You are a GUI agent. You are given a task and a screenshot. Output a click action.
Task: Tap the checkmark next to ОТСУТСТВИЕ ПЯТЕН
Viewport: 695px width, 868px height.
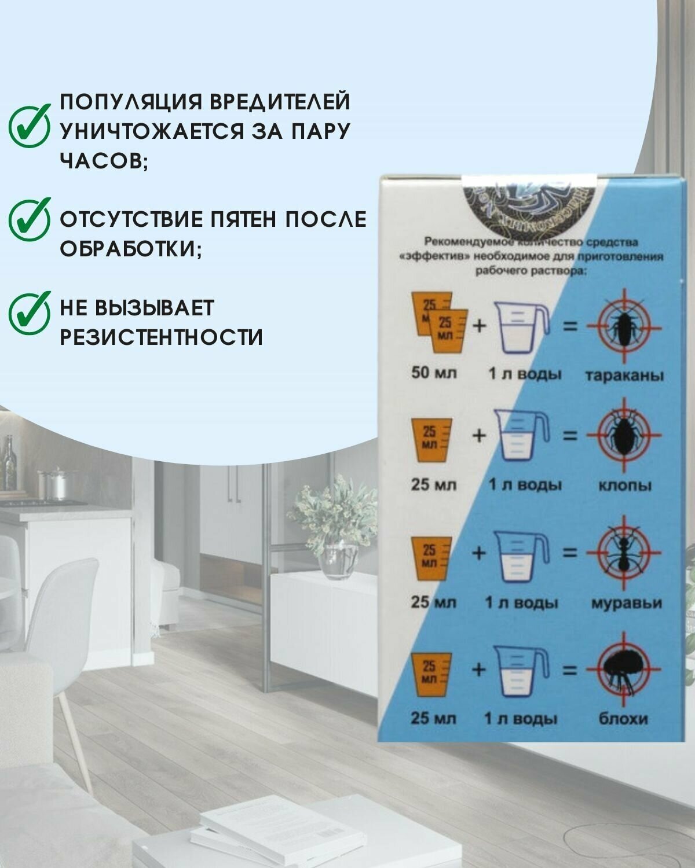(x=28, y=219)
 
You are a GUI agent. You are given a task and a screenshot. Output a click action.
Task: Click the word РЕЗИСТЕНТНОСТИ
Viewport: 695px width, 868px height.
(x=162, y=336)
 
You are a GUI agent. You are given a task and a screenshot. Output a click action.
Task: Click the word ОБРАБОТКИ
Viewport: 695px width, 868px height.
(x=131, y=249)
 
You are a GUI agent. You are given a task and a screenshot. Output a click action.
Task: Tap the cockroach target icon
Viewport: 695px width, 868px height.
(x=623, y=327)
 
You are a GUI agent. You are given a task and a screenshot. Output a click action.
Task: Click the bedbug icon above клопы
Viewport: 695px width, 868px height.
(x=623, y=435)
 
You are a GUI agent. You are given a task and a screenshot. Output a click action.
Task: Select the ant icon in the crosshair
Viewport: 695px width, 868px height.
(x=623, y=551)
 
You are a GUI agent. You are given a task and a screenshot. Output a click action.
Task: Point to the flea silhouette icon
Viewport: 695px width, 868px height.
(x=623, y=668)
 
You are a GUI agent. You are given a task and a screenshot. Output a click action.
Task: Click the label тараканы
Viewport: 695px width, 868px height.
(x=625, y=375)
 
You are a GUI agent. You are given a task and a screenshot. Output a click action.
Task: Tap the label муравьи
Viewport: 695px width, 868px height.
(x=626, y=603)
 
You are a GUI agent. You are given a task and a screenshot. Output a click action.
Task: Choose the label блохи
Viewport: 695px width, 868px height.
(x=626, y=719)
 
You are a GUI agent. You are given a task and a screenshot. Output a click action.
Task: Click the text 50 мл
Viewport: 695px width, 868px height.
(x=434, y=373)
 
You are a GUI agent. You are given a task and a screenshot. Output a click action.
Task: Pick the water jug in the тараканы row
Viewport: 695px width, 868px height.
(x=522, y=327)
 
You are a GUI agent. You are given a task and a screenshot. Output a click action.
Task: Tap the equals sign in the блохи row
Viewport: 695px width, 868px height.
(x=570, y=670)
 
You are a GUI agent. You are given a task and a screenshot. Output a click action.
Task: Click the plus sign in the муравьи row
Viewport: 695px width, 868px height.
(x=479, y=553)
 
